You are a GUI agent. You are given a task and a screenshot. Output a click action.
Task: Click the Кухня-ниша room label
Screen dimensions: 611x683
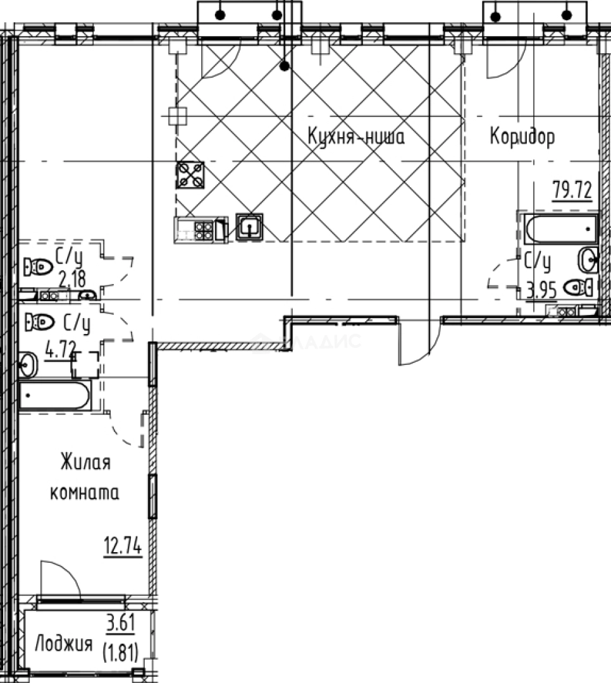point(356,137)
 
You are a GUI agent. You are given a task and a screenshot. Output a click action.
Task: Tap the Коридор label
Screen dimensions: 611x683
point(522,137)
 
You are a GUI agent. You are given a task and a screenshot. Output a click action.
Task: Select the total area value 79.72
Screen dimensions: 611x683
point(572,190)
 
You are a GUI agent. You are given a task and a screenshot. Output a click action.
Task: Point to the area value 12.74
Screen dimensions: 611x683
point(123,546)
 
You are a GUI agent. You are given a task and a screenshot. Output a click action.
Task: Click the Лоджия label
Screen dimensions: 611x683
point(64,643)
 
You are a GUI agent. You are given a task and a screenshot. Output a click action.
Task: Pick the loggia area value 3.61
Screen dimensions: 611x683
point(121,622)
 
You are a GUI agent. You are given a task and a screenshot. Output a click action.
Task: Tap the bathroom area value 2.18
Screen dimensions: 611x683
point(72,280)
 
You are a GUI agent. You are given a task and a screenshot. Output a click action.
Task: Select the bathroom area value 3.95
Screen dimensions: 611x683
point(541,290)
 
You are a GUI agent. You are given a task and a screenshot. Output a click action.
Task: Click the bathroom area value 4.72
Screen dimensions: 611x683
point(61,349)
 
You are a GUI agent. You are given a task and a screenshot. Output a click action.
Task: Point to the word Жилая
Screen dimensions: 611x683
point(85,462)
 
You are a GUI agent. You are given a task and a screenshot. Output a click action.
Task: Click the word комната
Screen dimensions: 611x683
point(85,493)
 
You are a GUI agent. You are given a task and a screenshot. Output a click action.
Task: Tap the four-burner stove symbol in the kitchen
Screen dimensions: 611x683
point(190,175)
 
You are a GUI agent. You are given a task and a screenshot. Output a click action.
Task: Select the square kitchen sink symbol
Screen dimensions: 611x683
point(249,226)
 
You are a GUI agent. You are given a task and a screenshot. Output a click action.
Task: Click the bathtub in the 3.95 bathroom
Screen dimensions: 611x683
point(560,229)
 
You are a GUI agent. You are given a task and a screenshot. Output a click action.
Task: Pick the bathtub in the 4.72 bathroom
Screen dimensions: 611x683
point(54,395)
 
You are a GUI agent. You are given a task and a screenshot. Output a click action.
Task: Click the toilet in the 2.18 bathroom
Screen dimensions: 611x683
point(39,266)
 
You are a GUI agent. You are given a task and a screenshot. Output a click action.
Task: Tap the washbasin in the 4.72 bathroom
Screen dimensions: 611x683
point(28,364)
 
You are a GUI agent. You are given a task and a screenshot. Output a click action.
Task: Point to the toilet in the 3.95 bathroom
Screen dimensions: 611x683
point(578,288)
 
